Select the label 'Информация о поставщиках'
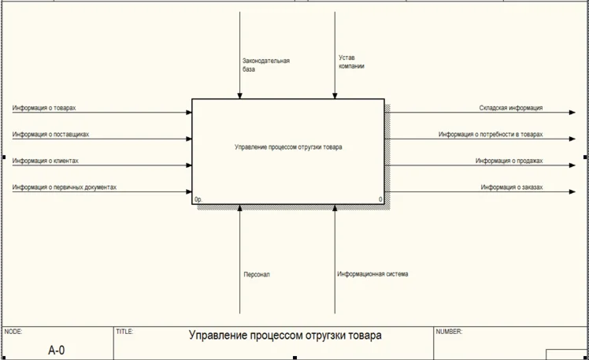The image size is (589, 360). tap(50, 134)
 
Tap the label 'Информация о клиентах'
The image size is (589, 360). tap(45, 161)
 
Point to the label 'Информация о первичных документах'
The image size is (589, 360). tap(65, 187)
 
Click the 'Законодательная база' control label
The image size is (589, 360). tap(266, 65)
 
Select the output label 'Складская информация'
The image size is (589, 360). tap(510, 108)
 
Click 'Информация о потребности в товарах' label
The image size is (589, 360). tap(491, 135)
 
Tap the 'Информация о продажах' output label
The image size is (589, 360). tap(509, 161)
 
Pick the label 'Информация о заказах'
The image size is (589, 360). tap(512, 187)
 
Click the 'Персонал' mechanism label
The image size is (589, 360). tap(257, 274)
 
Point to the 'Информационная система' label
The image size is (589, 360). tap(372, 274)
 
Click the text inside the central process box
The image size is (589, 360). tap(288, 147)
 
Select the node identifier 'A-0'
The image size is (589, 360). tap(57, 350)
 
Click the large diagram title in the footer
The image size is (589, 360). tap(285, 336)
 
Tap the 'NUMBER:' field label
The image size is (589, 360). tap(449, 332)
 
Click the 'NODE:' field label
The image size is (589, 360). tap(14, 332)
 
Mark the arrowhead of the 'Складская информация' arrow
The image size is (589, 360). tap(572, 113)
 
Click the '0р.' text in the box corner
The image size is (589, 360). tap(199, 200)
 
